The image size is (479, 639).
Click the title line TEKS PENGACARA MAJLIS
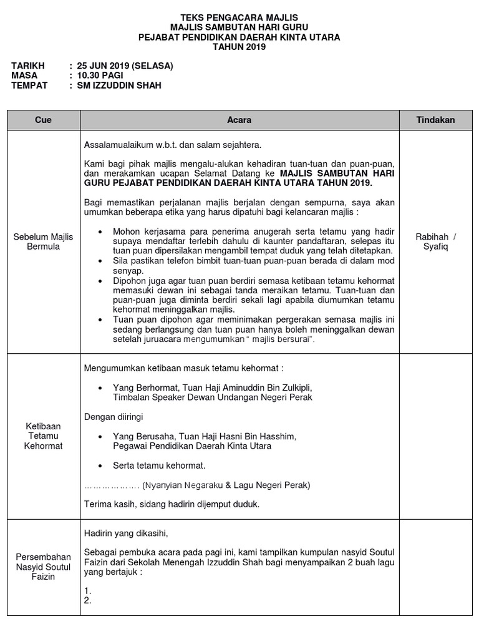[239, 18]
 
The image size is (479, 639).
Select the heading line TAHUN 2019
[239, 47]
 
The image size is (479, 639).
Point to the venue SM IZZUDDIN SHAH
[119, 85]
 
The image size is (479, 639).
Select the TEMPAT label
[29, 85]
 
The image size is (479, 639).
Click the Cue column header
[43, 120]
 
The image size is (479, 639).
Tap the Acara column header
[239, 120]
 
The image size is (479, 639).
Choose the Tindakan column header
[435, 120]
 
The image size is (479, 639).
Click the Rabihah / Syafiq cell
[435, 241]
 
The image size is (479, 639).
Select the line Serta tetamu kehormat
[159, 466]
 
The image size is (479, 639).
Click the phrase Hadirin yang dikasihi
[126, 533]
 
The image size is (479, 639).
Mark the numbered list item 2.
[88, 600]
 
